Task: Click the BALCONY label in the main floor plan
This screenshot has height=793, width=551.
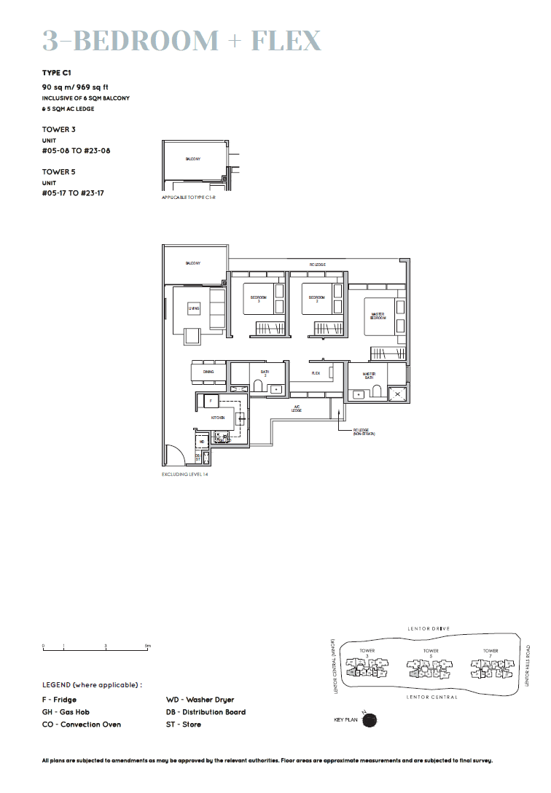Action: pyautogui.click(x=193, y=263)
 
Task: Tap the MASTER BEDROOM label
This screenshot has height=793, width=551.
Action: pyautogui.click(x=378, y=316)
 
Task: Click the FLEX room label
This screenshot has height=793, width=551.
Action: pyautogui.click(x=316, y=373)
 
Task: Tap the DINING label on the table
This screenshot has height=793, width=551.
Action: pyautogui.click(x=208, y=372)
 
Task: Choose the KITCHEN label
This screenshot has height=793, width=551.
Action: pyautogui.click(x=217, y=418)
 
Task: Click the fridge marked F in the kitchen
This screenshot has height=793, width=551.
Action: pyautogui.click(x=211, y=401)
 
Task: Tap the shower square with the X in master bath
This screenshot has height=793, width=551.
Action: pyautogui.click(x=397, y=394)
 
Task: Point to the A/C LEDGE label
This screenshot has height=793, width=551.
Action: pyautogui.click(x=297, y=409)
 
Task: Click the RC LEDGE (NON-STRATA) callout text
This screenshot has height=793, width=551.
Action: pyautogui.click(x=362, y=432)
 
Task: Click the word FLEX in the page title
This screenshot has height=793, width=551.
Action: pyautogui.click(x=286, y=41)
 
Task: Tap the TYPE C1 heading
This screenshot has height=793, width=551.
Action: pyautogui.click(x=57, y=74)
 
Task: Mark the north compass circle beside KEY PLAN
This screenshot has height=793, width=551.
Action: pyautogui.click(x=370, y=719)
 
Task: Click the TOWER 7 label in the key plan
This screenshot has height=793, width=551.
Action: pyautogui.click(x=491, y=651)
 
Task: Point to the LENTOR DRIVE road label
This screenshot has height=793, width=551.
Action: pyautogui.click(x=430, y=628)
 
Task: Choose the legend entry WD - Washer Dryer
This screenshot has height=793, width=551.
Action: pyautogui.click(x=200, y=700)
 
